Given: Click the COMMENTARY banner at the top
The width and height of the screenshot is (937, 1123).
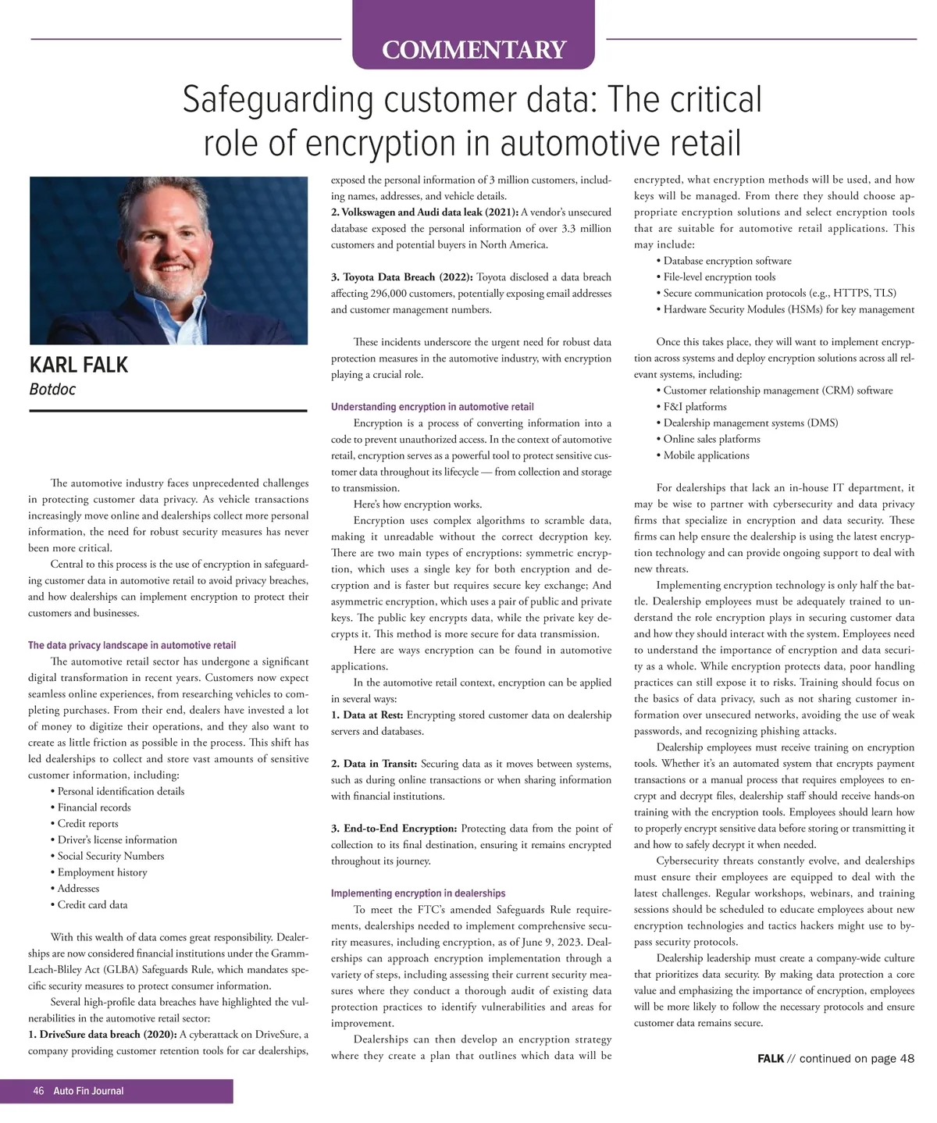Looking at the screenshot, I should pos(473,49).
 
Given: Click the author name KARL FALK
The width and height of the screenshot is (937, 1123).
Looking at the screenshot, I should pos(78,365).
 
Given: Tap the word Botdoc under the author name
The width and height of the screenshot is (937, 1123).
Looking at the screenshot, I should pos(52,389).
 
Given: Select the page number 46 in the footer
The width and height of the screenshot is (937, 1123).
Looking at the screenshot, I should pos(38,1091).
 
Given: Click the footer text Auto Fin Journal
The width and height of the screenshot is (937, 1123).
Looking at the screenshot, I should pos(88,1091).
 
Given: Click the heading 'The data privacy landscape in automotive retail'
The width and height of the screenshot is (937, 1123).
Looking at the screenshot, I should pos(132,645).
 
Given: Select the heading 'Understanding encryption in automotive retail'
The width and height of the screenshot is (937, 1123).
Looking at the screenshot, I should pos(433,407).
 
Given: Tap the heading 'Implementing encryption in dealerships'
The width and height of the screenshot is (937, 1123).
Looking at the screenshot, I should pos(418,893).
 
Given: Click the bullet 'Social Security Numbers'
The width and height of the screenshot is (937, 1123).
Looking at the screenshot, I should pos(111,856).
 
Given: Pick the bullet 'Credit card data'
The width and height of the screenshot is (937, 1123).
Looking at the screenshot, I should pos(92,904).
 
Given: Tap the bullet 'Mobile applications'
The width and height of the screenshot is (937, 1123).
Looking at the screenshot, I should pos(706,455).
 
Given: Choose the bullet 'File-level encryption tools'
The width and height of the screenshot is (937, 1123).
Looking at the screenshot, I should pos(719,277).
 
